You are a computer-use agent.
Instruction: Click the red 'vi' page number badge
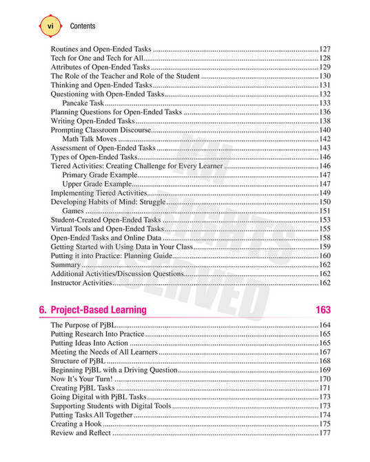tap(50, 25)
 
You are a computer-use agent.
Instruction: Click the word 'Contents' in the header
tap(83, 26)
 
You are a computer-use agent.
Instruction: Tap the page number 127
tap(325, 50)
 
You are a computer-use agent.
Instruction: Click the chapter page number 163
tap(322, 310)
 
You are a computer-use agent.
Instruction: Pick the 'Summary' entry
tap(66, 264)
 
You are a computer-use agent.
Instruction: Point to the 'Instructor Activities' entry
tap(81, 282)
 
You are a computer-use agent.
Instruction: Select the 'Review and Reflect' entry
tap(81, 433)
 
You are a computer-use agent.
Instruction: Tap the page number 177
tap(325, 433)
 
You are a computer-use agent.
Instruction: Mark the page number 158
tap(325, 238)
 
